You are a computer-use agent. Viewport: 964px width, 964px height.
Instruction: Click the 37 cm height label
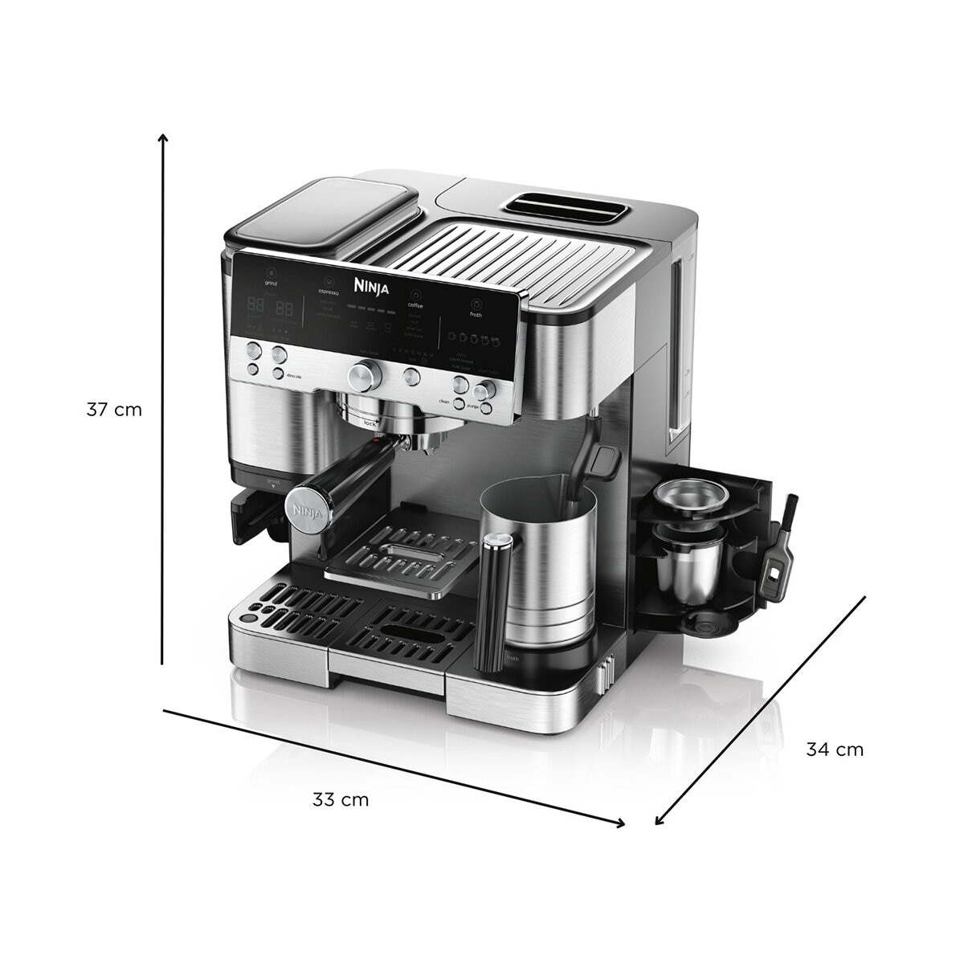pyautogui.click(x=114, y=410)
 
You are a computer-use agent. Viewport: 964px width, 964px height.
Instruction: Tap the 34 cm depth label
pyautogui.click(x=835, y=750)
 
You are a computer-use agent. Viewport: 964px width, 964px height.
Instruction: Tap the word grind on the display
pyautogui.click(x=271, y=284)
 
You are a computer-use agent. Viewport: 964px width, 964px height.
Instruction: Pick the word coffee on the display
pyautogui.click(x=415, y=305)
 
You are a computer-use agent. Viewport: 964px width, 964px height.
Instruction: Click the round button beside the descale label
pyautogui.click(x=277, y=374)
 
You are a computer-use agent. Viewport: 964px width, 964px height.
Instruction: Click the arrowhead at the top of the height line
pyautogui.click(x=163, y=137)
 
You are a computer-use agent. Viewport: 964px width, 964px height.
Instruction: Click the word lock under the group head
pyautogui.click(x=370, y=421)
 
